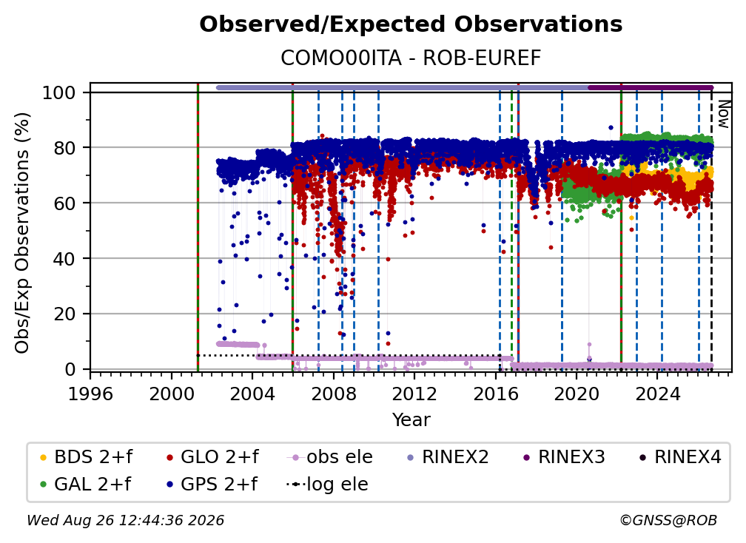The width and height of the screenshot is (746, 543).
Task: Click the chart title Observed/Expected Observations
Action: click(411, 24)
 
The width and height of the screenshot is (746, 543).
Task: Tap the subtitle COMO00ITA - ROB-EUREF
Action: click(411, 58)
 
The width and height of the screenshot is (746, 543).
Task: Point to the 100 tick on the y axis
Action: click(59, 92)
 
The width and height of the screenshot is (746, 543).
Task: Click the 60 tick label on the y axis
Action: click(64, 203)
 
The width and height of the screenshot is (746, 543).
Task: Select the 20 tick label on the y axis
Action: click(64, 314)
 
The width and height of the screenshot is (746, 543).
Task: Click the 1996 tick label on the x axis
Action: click(90, 394)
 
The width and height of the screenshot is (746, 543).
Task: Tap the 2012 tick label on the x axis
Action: click(414, 394)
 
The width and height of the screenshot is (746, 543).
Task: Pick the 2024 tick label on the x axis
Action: click(657, 394)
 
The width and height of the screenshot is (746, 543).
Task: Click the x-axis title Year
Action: click(411, 420)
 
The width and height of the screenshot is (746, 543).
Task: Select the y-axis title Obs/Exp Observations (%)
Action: click(22, 233)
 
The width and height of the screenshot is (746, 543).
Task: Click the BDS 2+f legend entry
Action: click(86, 457)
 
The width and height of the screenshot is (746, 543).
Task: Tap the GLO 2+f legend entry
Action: click(212, 457)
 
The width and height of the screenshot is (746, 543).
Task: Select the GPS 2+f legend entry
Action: click(212, 485)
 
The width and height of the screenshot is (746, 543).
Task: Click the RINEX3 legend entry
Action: click(564, 457)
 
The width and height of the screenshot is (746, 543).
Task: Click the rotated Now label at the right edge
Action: click(723, 114)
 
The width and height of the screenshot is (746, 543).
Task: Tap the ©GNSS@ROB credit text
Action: click(668, 520)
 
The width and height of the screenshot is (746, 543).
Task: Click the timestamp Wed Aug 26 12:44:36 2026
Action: click(126, 520)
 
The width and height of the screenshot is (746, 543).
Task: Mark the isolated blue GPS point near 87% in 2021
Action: click(611, 127)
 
